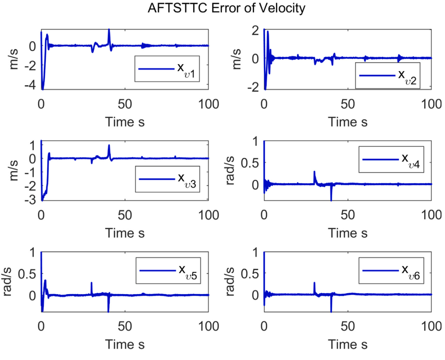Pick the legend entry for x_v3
click(167, 179)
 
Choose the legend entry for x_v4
click(390, 159)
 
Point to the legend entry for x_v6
click(391, 271)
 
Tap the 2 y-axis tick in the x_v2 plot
click(254, 30)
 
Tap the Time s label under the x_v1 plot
click(125, 122)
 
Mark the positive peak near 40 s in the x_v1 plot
click(109, 30)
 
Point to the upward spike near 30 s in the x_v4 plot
click(314, 172)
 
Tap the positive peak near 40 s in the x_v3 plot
click(109, 145)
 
